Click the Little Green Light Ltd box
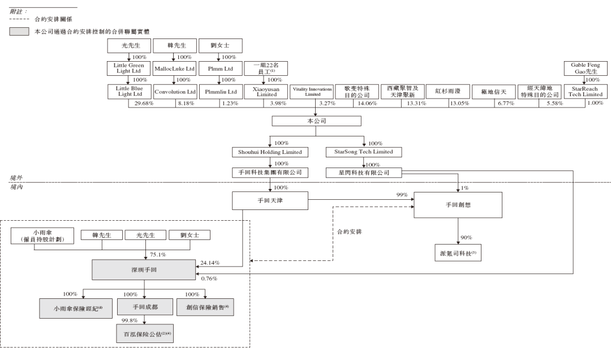[128, 68]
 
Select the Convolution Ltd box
[175, 92]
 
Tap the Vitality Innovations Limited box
[312, 92]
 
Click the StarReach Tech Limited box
[586, 92]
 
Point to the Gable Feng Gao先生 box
[586, 68]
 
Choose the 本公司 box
[316, 121]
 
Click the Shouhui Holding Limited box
[270, 152]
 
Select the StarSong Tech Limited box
[364, 152]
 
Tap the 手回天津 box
[270, 200]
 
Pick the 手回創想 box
[458, 205]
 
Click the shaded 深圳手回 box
[144, 270]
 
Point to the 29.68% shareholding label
[144, 104]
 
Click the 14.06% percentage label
[368, 104]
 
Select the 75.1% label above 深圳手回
[158, 254]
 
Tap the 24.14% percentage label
[210, 263]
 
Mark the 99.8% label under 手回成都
[130, 320]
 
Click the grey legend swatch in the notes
[19, 31]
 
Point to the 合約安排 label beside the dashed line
[350, 232]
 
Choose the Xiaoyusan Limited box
[266, 92]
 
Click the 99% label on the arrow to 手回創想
[402, 195]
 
